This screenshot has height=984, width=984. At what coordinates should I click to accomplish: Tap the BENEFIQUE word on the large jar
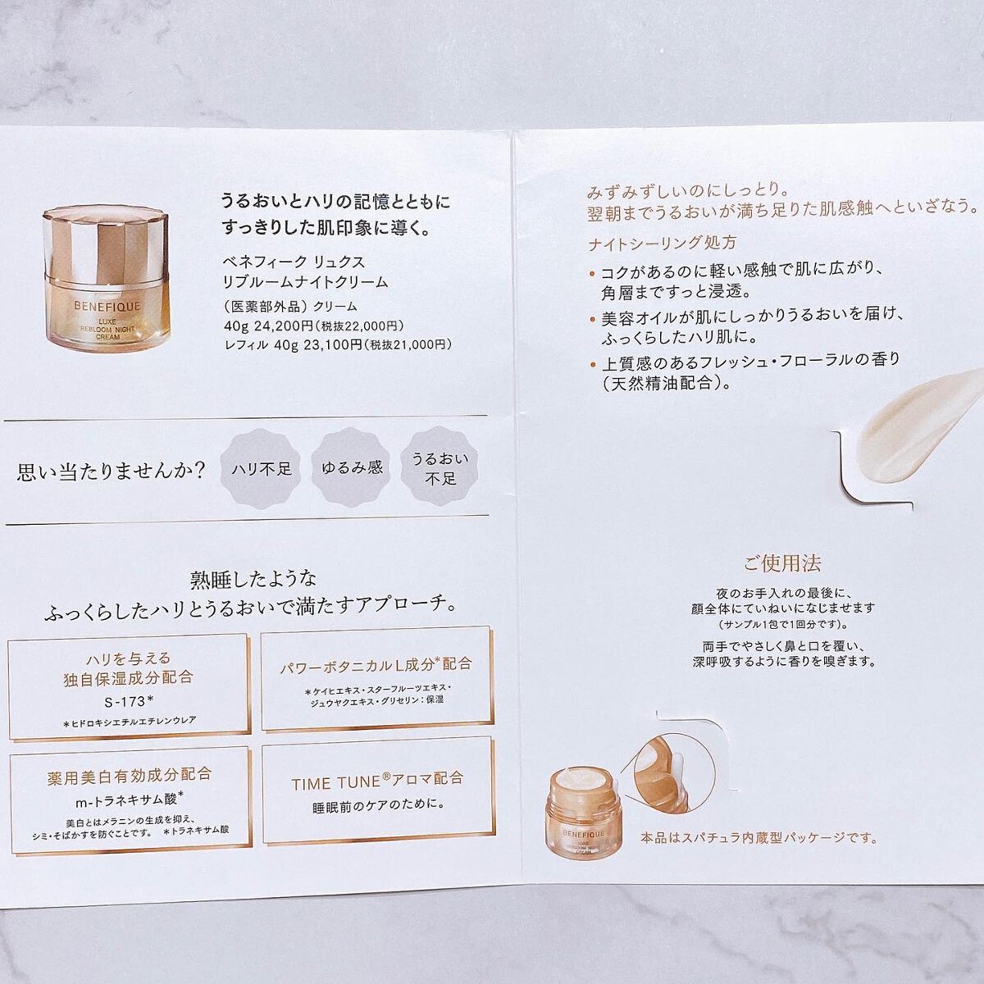click(107, 307)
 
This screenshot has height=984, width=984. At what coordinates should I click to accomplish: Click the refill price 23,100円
click(332, 344)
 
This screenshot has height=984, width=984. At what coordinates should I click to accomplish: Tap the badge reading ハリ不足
click(261, 468)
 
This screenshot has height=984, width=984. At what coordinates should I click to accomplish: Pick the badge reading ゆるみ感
click(351, 467)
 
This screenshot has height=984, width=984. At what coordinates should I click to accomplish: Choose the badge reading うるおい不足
click(440, 467)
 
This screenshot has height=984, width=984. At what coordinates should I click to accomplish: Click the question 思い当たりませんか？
click(112, 471)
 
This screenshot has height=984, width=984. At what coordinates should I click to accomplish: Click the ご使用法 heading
click(781, 563)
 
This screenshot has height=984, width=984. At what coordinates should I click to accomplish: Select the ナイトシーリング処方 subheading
click(662, 243)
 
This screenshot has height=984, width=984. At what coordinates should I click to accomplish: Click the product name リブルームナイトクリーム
click(305, 282)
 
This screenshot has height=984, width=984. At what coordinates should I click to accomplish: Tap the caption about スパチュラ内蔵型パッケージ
click(758, 838)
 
